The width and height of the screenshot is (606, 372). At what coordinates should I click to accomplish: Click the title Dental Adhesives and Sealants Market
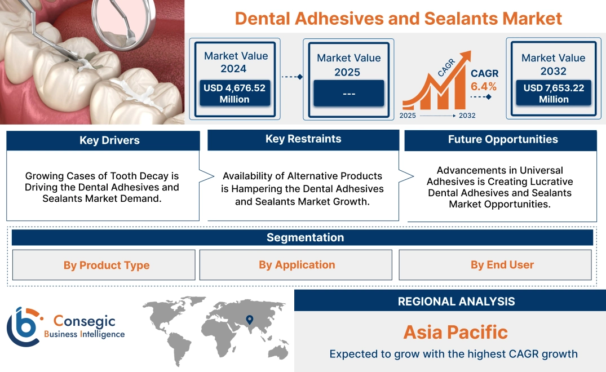tap(398, 18)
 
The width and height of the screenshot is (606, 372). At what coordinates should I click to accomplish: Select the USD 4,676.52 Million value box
tap(234, 93)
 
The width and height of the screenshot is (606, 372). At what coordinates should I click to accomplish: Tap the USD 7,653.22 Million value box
tap(554, 93)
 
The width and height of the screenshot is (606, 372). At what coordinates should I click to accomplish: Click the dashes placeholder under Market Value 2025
tap(348, 93)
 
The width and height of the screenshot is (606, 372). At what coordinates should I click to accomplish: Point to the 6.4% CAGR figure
tap(484, 86)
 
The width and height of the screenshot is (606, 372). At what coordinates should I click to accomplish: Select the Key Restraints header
tap(303, 139)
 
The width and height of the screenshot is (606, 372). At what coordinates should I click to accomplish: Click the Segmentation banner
tap(305, 237)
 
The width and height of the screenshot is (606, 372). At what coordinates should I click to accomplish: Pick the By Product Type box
tap(107, 265)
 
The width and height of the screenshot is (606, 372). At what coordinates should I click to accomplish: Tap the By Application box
tap(297, 264)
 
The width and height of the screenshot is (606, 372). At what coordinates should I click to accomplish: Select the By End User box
tap(502, 264)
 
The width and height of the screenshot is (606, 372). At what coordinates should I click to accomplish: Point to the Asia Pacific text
tap(455, 331)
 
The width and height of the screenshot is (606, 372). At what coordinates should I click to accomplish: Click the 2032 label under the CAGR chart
tap(467, 116)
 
